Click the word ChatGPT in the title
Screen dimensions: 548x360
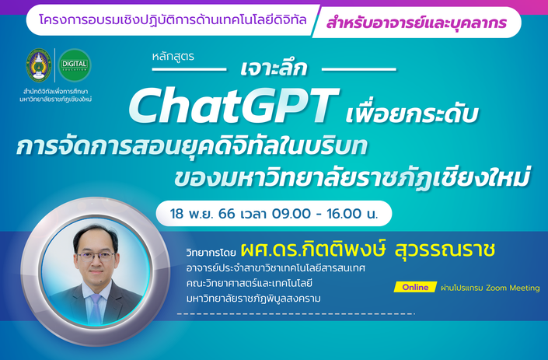(233, 106)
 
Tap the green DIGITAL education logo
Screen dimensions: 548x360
(75, 65)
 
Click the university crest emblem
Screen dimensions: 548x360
(39, 65)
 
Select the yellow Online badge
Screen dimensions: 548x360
(415, 288)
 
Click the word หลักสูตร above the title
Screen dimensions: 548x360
(173, 56)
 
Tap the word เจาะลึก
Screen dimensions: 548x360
(274, 68)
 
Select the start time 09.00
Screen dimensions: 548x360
(291, 214)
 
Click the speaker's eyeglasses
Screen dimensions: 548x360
(96, 257)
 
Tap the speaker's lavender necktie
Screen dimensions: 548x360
(96, 309)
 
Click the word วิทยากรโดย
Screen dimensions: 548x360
(211, 253)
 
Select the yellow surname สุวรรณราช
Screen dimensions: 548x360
(445, 249)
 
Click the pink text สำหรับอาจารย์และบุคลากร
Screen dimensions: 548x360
(416, 23)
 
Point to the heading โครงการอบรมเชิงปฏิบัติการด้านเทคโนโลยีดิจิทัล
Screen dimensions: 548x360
(173, 19)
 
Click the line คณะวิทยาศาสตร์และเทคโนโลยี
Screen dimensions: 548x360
(250, 283)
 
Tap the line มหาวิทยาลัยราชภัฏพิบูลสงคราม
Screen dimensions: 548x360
(253, 299)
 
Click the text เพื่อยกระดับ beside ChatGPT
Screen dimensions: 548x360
(412, 113)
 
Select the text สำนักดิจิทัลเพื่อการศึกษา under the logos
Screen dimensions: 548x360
(55, 92)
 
